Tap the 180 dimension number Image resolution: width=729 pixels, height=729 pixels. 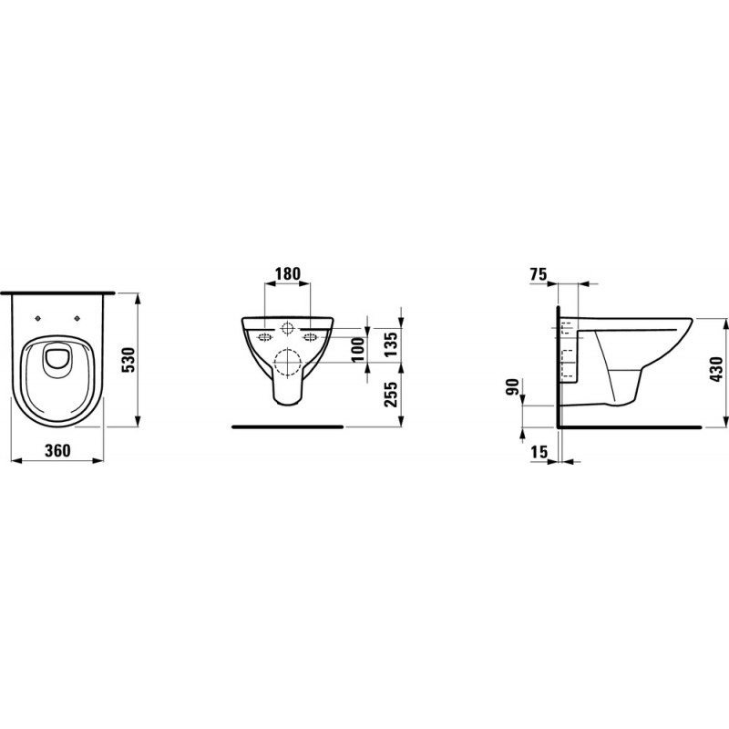click(287, 273)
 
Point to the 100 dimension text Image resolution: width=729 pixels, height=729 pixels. click(357, 347)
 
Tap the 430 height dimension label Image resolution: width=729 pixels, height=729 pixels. click(716, 368)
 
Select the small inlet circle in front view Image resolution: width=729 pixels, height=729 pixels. click(287, 327)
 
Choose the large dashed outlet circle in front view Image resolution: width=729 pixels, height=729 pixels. click(287, 363)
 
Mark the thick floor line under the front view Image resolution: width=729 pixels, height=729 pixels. click(287, 426)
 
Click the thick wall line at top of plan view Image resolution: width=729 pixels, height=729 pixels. click(59, 293)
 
